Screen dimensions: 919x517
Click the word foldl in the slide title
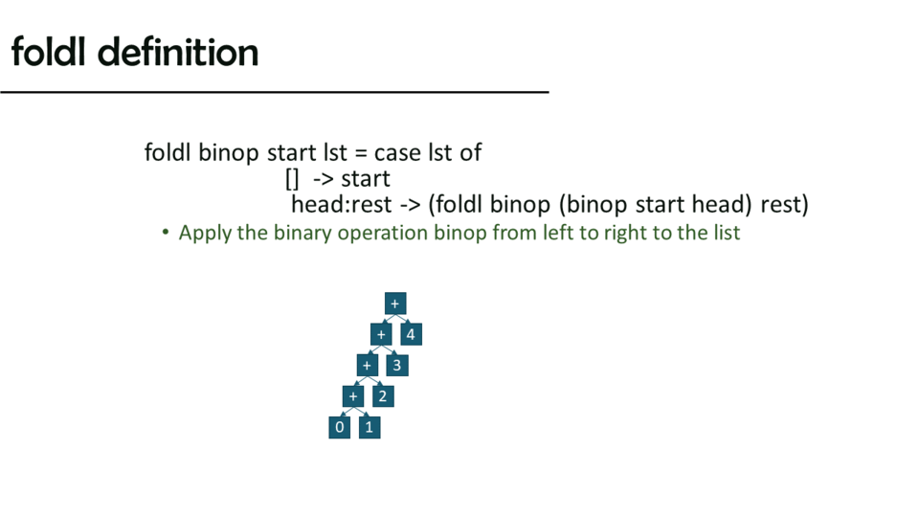coord(49,52)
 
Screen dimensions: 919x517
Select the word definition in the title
coord(178,52)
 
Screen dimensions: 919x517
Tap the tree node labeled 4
coord(411,334)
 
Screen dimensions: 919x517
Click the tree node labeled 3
coord(396,365)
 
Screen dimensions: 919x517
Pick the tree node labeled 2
coord(383,396)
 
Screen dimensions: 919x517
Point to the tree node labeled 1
coord(370,427)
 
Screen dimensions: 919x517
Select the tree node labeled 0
coord(339,427)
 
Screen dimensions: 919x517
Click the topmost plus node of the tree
coord(395,303)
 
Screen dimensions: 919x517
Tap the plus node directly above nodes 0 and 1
coord(353,396)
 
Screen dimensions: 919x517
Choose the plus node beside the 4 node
coord(381,334)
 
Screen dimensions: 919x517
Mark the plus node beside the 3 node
coord(367,365)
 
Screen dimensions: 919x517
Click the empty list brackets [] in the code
coord(292,179)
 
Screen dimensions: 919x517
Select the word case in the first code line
coord(397,153)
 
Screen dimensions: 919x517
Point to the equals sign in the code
coord(361,153)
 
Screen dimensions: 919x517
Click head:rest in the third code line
coord(341,205)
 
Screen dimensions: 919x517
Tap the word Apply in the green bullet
coord(205,234)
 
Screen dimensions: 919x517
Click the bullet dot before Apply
coord(166,233)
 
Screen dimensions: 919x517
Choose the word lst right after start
coord(335,153)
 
